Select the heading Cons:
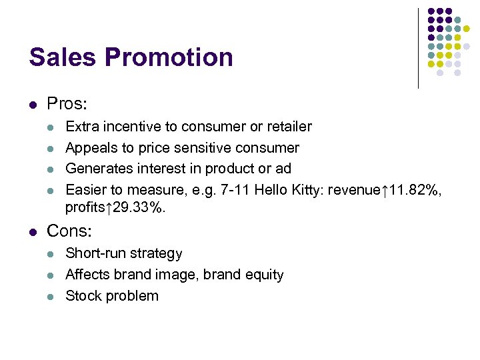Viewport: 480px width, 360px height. pyautogui.click(x=69, y=231)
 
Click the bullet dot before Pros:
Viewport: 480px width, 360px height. pyautogui.click(x=33, y=105)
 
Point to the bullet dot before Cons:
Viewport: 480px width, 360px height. pyautogui.click(x=33, y=232)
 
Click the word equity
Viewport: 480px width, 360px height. pyautogui.click(x=263, y=275)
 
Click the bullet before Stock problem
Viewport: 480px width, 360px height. pyautogui.click(x=52, y=297)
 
